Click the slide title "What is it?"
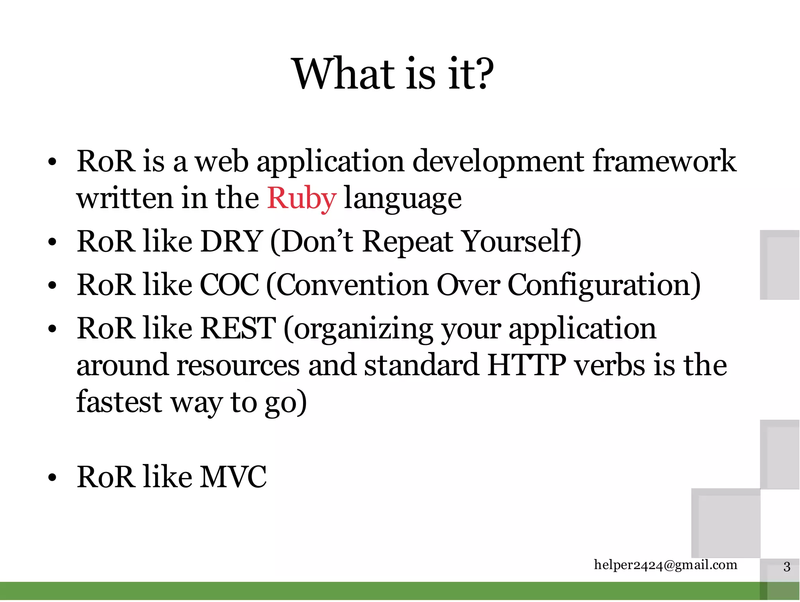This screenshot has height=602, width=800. (x=393, y=74)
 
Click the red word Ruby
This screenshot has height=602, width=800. (x=302, y=198)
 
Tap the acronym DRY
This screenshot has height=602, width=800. (x=231, y=241)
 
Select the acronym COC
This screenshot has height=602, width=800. (x=229, y=285)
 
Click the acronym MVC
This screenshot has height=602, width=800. (x=233, y=477)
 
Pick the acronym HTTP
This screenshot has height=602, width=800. (x=527, y=365)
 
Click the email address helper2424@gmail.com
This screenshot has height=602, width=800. (x=665, y=565)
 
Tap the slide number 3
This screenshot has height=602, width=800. (x=787, y=566)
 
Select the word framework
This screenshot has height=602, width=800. (x=664, y=161)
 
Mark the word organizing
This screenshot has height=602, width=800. (x=363, y=329)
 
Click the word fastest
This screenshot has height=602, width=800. (x=119, y=402)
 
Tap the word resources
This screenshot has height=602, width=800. (x=239, y=365)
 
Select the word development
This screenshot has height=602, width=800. (x=498, y=162)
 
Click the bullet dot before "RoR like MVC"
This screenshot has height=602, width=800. (x=52, y=478)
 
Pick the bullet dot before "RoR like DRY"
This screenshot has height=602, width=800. (x=52, y=242)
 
